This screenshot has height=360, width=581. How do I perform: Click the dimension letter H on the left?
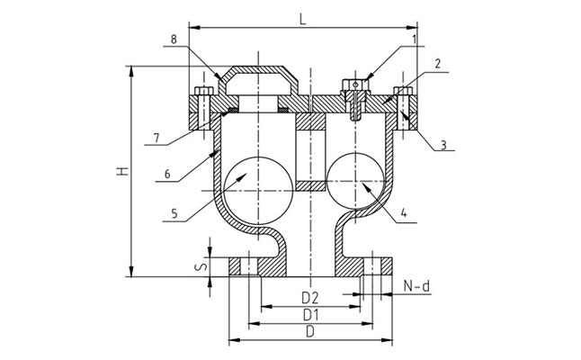coord(121,170)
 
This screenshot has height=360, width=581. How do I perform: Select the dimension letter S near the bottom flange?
coord(202,265)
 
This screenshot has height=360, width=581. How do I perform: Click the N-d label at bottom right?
coord(416,287)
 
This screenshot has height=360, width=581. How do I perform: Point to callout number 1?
coord(415,40)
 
